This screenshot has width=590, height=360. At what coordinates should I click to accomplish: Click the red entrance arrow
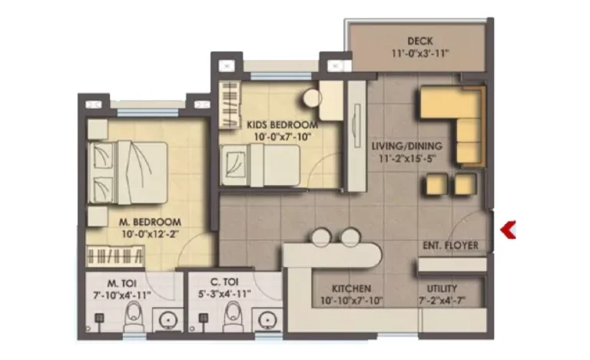pos(508,230)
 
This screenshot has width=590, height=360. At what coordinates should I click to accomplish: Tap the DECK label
pos(420,41)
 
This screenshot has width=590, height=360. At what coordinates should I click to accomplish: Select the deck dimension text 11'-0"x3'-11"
pos(420,54)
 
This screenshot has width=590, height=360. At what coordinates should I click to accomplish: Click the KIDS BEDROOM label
pos(282,125)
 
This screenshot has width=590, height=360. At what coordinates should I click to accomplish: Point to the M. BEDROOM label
pos(150,222)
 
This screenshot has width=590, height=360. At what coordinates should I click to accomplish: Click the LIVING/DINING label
pos(406,146)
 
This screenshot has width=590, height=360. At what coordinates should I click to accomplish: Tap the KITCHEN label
pos(351,289)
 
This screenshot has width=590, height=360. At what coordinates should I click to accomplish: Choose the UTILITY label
pos(442,289)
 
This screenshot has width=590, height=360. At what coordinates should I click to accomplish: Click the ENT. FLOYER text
pos(450,246)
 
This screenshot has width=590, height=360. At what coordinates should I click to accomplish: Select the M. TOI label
pos(122,282)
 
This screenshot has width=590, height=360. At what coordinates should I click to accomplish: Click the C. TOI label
pos(224,282)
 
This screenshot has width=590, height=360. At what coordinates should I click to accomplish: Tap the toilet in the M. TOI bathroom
pos(134,316)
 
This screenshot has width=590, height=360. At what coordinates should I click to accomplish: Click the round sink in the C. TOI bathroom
pos(267,321)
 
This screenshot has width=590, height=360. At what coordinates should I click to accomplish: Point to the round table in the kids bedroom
pos(312,97)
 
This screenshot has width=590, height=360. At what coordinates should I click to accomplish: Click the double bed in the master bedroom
pos(128,173)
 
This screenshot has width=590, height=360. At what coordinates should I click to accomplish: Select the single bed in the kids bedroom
pos(260,165)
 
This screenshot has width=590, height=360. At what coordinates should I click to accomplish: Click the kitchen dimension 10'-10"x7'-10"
pos(351,301)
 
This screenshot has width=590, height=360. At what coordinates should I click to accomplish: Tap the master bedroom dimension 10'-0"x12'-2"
pos(150,234)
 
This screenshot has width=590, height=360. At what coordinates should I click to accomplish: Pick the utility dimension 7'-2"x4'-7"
pos(442,301)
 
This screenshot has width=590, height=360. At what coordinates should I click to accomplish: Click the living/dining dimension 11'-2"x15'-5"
pos(407,159)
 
